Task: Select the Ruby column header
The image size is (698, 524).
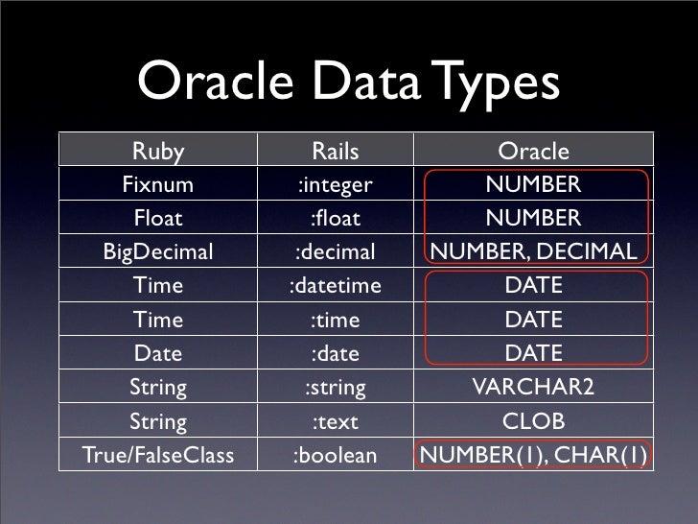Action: pos(158,152)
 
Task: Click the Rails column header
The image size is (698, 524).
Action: pos(335,152)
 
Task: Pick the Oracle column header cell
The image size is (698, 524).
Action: pos(533,152)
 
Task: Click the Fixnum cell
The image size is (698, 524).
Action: pos(158,184)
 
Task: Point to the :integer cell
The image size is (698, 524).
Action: pos(335,184)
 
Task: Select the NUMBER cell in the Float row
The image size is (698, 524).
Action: pos(533,218)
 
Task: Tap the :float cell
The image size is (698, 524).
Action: pos(335,218)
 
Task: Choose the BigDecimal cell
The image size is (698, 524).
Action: pos(158,251)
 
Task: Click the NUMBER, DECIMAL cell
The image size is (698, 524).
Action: pos(533,251)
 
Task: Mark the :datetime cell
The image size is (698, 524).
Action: pos(335,285)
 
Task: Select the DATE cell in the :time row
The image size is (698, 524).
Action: pos(533,319)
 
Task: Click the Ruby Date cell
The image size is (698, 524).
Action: pos(158,353)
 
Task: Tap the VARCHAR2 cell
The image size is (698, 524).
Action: pos(533,387)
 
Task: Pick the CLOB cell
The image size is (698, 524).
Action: pos(533,421)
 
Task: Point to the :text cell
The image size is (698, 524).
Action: pos(335,421)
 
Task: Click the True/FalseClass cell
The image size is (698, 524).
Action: pos(158,456)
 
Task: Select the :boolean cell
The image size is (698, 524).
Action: pos(335,456)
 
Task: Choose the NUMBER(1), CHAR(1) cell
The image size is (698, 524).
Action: pos(533,456)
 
